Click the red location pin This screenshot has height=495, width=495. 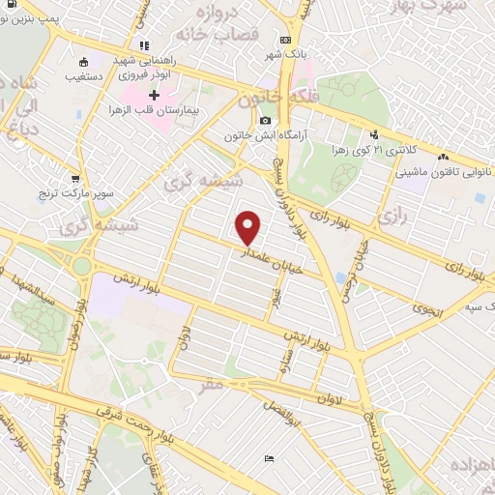[x=248, y=227]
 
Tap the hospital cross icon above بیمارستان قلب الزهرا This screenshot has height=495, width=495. [x=154, y=94]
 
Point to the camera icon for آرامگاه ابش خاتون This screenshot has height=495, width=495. [x=265, y=121]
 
